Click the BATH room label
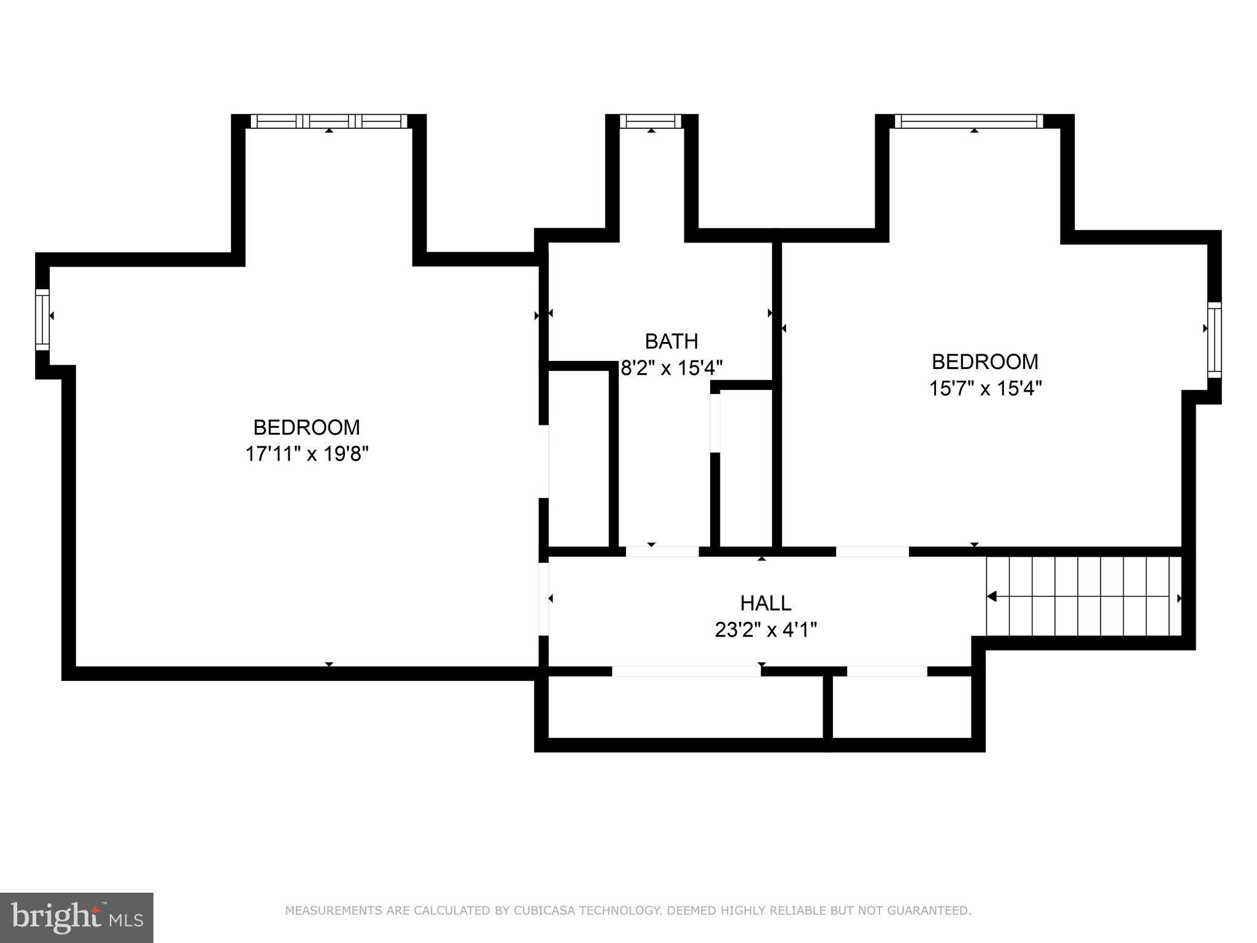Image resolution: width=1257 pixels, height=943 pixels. coord(671,341)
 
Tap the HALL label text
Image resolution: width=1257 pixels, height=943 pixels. coord(765,603)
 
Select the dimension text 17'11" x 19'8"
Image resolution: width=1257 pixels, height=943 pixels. coord(306,454)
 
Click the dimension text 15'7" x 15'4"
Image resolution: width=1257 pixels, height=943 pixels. coord(985,389)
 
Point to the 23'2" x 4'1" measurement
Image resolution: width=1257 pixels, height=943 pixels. coord(765,630)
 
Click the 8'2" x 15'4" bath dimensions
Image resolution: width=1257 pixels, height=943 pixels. coord(671,368)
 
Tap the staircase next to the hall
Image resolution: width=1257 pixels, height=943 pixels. coord(1083,596)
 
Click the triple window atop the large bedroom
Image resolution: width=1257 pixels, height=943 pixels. coord(329,121)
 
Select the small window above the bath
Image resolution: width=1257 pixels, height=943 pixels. coord(651,121)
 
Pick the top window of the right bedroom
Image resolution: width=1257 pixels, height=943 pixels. coord(969,121)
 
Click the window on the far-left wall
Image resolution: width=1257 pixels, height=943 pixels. coord(42,319)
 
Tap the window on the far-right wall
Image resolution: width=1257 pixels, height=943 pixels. coord(1214,340)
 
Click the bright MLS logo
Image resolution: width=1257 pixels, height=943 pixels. coord(77,918)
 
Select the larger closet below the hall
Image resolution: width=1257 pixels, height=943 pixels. coord(685,707)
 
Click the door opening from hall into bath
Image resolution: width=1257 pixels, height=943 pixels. coord(662,551)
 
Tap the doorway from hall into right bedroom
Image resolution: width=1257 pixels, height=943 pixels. coord(872,551)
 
